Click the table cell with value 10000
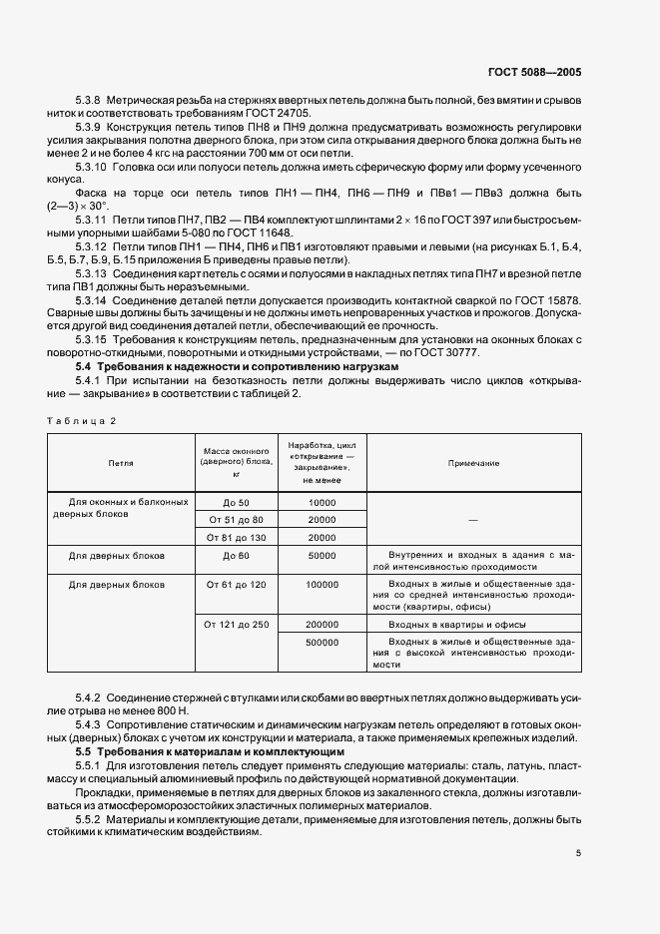click(323, 503)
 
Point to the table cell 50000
click(323, 554)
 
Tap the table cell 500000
click(323, 643)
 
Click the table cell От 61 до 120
click(235, 584)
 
